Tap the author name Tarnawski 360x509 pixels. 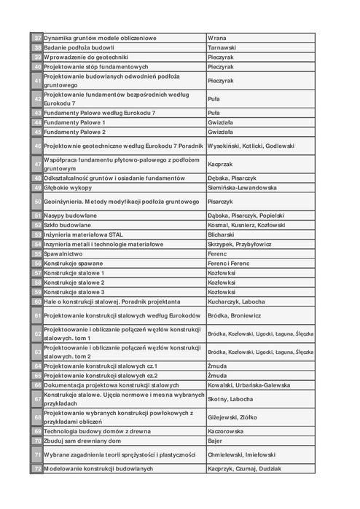point(222,47)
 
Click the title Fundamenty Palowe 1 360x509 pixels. point(75,122)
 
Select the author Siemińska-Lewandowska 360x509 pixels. point(242,187)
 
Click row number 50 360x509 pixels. point(37,201)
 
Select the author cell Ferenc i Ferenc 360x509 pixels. point(229,263)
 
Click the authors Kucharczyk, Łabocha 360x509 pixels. point(236,301)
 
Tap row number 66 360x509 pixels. point(37,384)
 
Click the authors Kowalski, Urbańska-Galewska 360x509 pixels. point(249,384)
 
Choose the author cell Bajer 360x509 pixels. point(215,441)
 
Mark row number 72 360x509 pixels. point(37,468)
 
